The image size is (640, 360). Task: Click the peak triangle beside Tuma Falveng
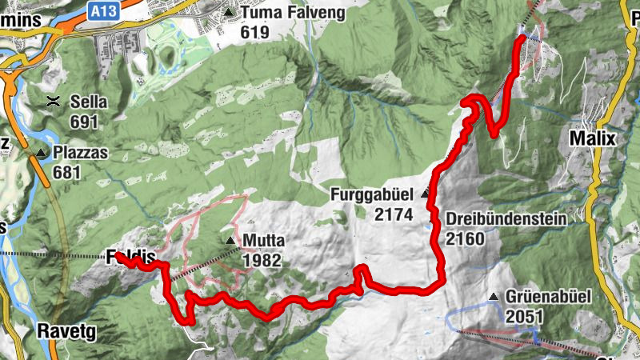point(230,14)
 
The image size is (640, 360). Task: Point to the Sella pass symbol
point(54,101)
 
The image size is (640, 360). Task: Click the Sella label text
point(88,102)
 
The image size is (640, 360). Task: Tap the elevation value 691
point(83,122)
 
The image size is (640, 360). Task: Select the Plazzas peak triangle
point(41,152)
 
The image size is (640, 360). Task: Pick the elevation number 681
point(68,171)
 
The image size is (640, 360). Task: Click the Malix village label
point(593,138)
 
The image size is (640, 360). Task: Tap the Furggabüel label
point(374,194)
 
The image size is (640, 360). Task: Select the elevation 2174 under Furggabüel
point(392,214)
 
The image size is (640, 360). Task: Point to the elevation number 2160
point(466,238)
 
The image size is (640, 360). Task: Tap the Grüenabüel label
point(550,297)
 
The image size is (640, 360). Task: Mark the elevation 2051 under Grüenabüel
point(524,317)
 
